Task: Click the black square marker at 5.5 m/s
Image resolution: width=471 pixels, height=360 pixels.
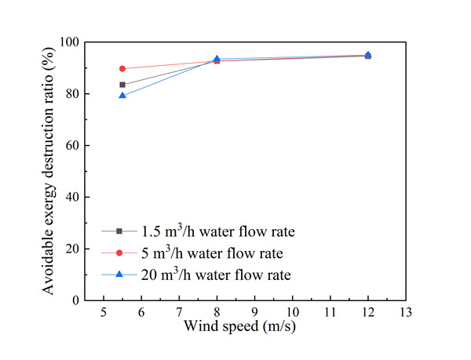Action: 122,85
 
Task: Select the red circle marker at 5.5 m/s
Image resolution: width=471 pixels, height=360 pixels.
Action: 122,69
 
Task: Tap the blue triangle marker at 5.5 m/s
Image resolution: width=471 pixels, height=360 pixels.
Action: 122,96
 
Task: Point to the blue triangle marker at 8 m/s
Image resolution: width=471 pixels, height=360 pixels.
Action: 217,59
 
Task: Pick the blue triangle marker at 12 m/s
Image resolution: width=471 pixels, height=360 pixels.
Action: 368,55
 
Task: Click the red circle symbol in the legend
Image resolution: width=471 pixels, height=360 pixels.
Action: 119,253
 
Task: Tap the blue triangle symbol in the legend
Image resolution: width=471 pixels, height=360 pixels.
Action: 119,275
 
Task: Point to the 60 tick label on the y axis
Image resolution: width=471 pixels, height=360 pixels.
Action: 74,146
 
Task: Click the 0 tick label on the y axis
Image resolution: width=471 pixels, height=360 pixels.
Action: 77,300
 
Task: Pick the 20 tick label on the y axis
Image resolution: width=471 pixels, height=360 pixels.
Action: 74,249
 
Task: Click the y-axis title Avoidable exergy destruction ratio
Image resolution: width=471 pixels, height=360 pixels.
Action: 49,171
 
